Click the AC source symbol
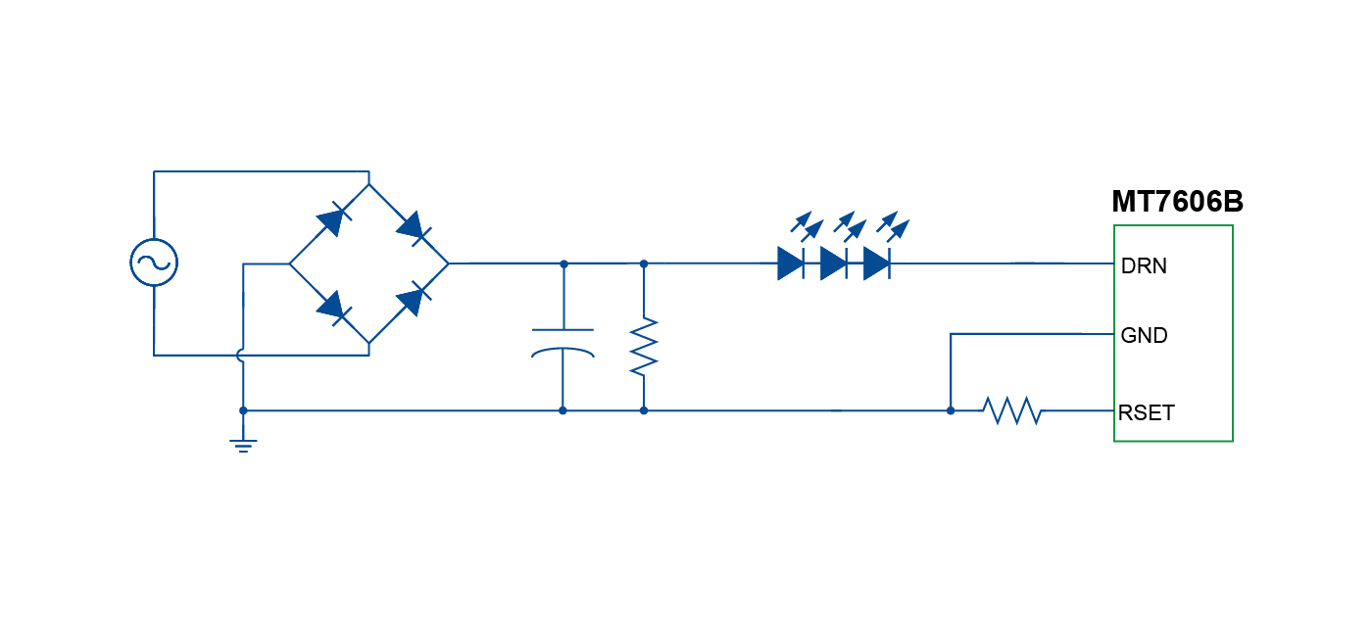(154, 263)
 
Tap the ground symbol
(243, 445)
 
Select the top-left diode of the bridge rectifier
(330, 222)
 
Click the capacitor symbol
(563, 342)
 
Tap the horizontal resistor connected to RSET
(1012, 410)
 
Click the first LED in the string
(791, 264)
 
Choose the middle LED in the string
(833, 264)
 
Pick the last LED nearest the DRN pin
(876, 264)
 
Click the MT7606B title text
(1177, 202)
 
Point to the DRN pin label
(1144, 265)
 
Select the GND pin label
(1144, 336)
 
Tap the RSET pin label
(1146, 412)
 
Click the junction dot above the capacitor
(563, 264)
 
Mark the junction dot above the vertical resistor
(643, 264)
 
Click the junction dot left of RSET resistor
(951, 410)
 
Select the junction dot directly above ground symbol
(243, 410)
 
